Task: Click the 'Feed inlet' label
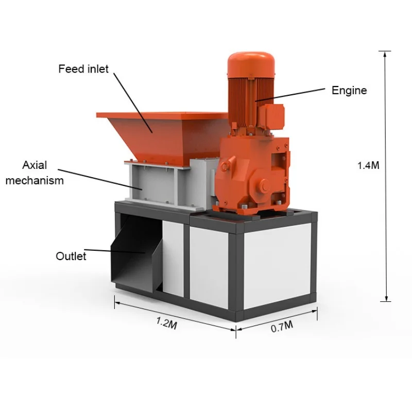[x=83, y=68]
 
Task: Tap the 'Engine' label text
[x=349, y=91]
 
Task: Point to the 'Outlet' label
[x=71, y=256]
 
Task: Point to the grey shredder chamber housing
[x=154, y=183]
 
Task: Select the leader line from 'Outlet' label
[x=118, y=251]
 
